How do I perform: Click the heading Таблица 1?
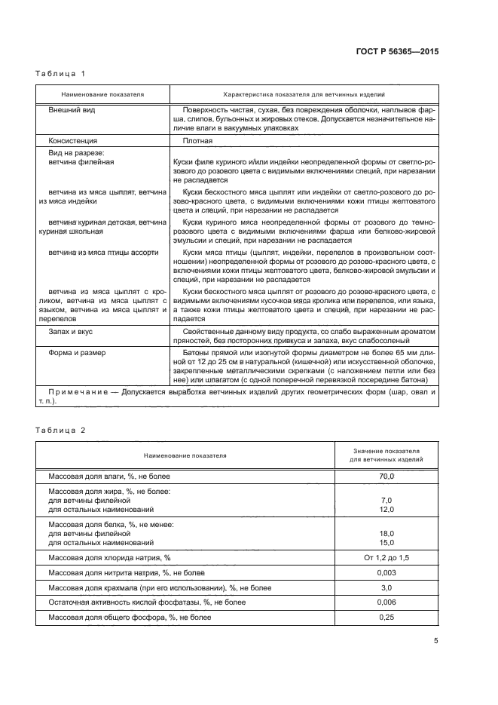(x=60, y=74)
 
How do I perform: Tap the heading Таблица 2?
(x=60, y=430)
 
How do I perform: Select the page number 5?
(x=436, y=641)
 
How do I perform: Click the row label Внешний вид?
(x=72, y=109)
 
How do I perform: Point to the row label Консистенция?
(x=74, y=140)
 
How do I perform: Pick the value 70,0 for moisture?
(x=386, y=477)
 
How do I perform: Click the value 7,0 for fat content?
(x=386, y=500)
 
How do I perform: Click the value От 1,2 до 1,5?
(x=386, y=557)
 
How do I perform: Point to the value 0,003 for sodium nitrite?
(x=386, y=572)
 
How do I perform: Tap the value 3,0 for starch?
(x=386, y=587)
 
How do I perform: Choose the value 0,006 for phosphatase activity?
(x=386, y=602)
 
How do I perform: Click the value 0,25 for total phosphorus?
(x=386, y=618)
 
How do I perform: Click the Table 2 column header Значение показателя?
(x=386, y=449)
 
